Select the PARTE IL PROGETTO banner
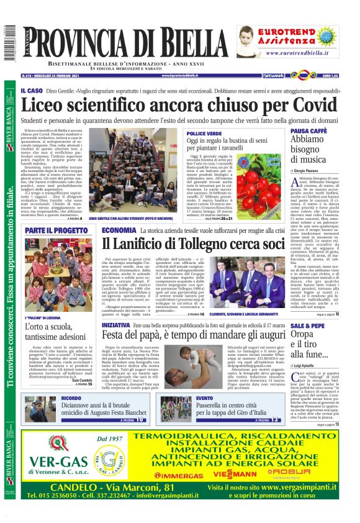tap(56, 230)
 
